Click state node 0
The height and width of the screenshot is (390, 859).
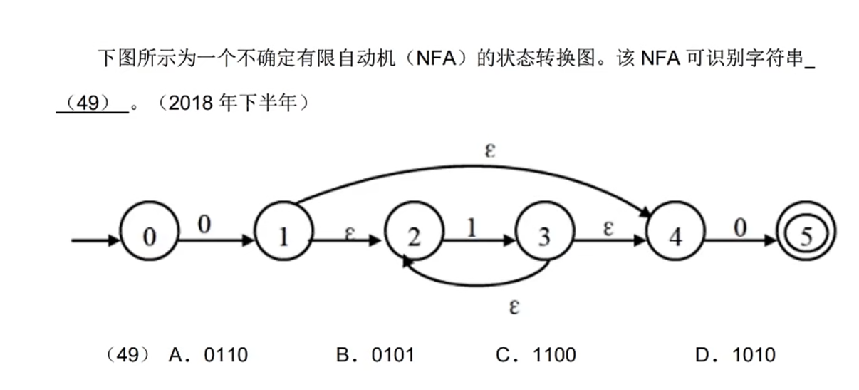(x=148, y=237)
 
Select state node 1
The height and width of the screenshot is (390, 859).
(x=283, y=237)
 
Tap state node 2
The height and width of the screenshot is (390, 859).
(x=414, y=237)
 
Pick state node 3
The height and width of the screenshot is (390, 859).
(x=544, y=237)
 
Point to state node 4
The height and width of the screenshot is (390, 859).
(x=675, y=237)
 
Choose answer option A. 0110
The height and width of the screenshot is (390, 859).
(x=208, y=354)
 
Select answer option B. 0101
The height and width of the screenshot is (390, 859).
(x=375, y=354)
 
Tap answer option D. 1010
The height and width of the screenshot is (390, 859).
(x=736, y=354)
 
